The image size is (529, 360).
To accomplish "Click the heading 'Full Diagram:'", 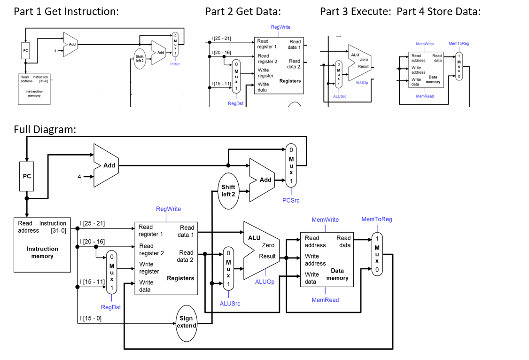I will click(45, 129).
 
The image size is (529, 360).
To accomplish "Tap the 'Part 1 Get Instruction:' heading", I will click(66, 11).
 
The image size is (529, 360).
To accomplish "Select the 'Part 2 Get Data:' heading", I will click(243, 11).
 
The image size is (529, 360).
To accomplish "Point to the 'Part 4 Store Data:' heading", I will click(438, 11).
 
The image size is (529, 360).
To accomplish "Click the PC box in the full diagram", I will click(27, 176).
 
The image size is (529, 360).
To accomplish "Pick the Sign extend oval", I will click(187, 322).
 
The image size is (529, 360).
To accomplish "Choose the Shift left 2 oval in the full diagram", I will click(228, 190).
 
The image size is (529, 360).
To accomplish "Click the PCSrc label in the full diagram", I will click(291, 200).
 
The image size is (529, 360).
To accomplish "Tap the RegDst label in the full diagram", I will click(111, 307).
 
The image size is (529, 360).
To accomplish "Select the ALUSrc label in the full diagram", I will click(230, 304).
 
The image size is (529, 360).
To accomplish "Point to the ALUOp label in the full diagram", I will click(264, 282).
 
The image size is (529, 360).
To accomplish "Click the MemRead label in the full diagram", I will click(325, 300).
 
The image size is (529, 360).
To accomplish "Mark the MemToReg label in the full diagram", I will click(376, 219).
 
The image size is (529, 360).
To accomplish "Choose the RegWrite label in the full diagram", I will click(168, 209).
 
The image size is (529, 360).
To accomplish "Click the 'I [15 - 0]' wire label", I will click(91, 318).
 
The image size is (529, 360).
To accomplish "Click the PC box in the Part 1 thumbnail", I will click(26, 49).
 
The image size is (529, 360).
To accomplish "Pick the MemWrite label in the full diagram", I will click(325, 219).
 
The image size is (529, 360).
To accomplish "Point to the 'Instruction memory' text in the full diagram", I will click(42, 252).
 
